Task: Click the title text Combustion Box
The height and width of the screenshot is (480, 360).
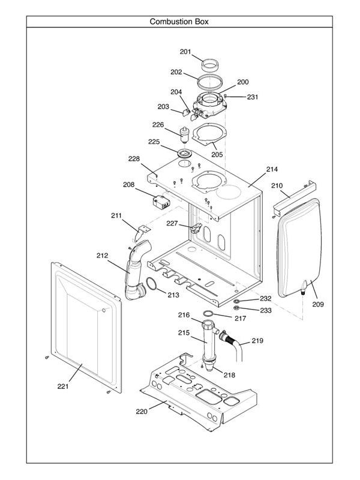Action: pos(179,22)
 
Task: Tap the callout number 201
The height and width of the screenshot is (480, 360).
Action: pos(185,52)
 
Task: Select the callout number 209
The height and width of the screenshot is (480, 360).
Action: pos(317,304)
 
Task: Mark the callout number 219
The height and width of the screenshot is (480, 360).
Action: pos(257,340)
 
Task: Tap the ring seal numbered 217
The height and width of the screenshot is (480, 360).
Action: pos(208,314)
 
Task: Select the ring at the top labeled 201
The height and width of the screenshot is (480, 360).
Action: pos(209,62)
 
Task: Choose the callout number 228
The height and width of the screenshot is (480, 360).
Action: pos(134,159)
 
